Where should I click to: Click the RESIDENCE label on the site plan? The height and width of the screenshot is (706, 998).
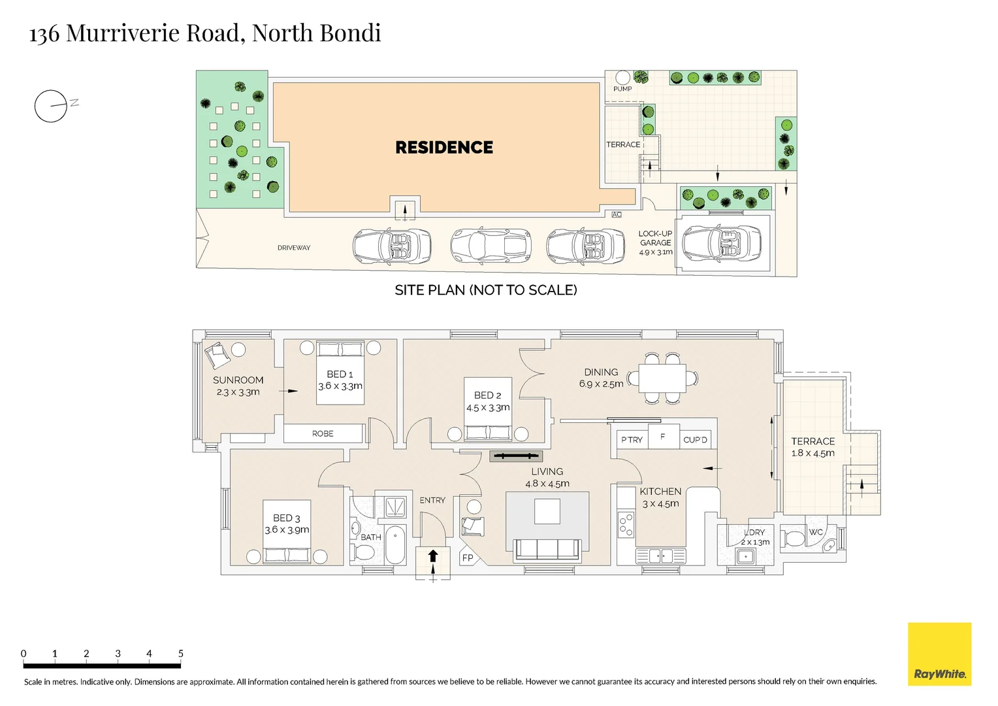point(444,148)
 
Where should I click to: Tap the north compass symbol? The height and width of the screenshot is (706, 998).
point(52,106)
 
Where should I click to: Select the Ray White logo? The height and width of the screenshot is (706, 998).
point(939,654)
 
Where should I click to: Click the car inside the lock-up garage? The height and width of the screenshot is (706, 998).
point(721,243)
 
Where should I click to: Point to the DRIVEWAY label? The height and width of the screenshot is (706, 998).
point(294,248)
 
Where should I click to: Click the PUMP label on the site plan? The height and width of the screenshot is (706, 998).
point(622,89)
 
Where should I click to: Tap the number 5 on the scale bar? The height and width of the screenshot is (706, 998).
point(181,653)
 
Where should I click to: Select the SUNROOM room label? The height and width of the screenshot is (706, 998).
point(238,380)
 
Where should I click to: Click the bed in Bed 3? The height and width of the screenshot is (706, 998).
point(287,543)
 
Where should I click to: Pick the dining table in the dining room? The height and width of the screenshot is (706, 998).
point(662,378)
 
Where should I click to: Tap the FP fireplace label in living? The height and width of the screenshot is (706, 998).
point(468,558)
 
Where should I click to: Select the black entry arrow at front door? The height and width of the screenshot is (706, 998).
point(432,556)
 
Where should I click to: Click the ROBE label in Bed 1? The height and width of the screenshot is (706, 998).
point(323,433)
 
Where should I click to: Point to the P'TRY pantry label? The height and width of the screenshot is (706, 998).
point(632,440)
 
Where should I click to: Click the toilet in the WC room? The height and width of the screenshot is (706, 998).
point(794,539)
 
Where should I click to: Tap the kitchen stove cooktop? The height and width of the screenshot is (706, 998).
point(626,524)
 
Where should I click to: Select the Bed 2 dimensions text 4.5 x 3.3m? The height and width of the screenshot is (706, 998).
point(488,408)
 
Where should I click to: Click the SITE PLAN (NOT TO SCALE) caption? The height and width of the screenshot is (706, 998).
point(485,290)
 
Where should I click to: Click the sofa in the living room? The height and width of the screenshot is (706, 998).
point(547,549)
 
